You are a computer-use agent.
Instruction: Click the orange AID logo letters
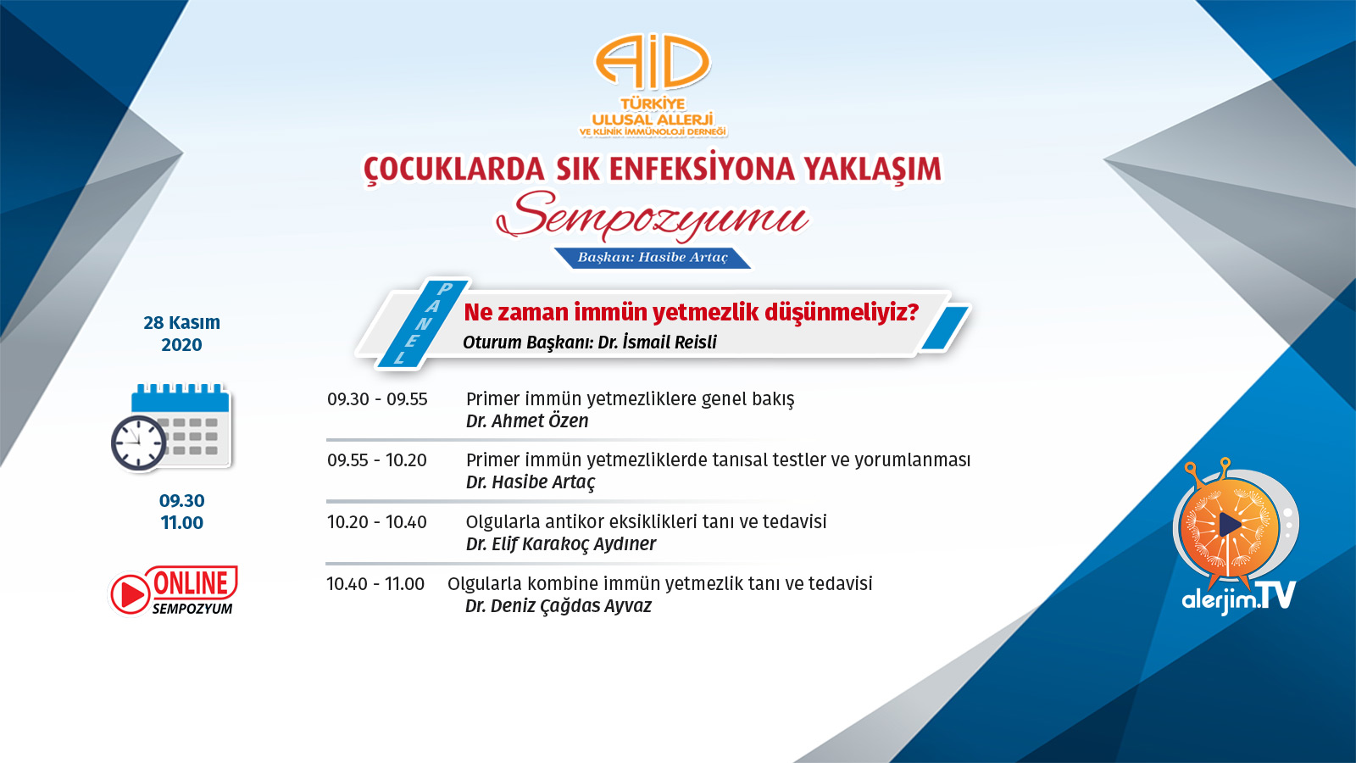click(x=653, y=62)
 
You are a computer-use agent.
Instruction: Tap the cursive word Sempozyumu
click(x=652, y=215)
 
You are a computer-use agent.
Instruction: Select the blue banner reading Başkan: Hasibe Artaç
click(x=653, y=258)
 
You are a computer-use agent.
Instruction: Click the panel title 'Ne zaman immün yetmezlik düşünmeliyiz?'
click(x=692, y=313)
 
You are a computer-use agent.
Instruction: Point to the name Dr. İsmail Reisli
click(x=658, y=343)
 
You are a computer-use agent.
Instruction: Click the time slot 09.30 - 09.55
click(x=377, y=399)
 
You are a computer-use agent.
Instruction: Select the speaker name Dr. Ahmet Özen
click(x=526, y=420)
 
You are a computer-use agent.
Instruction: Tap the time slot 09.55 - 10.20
click(x=376, y=460)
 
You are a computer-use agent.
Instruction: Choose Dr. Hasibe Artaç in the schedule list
click(x=531, y=482)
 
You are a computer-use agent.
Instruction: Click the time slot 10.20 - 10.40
click(x=376, y=522)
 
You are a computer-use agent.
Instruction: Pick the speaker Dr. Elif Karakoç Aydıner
click(x=560, y=543)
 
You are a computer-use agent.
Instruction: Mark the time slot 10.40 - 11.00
click(x=375, y=584)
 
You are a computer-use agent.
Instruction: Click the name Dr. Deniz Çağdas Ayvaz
click(x=559, y=606)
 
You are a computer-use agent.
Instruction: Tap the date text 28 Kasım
click(x=181, y=322)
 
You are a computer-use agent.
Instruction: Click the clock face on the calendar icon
click(x=139, y=443)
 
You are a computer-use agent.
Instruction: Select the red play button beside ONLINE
click(x=130, y=593)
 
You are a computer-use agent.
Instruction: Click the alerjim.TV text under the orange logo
click(x=1238, y=597)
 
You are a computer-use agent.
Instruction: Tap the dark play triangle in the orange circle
click(x=1230, y=525)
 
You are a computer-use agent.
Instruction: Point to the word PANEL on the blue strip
click(x=422, y=323)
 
